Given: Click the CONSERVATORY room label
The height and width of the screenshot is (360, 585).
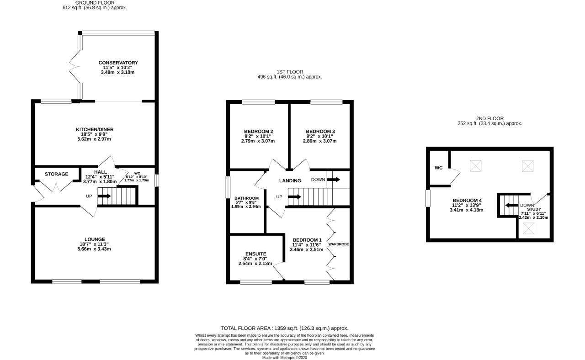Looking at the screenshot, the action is click(118, 63).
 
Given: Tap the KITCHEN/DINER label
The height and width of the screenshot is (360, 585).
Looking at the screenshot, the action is click(95, 129).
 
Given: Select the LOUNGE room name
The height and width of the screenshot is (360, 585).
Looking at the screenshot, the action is click(95, 239).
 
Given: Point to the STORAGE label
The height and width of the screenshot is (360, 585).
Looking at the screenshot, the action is click(56, 174).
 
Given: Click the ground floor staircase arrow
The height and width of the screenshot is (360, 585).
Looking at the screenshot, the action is click(104, 196).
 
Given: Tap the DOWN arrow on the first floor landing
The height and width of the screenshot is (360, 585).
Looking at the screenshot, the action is click(333, 180).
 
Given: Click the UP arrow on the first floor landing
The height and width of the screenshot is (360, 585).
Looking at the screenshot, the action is click(295, 197).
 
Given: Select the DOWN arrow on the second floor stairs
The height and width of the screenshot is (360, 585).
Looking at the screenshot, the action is click(511, 205).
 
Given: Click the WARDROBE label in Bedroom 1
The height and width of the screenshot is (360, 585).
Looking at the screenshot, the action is click(339, 244).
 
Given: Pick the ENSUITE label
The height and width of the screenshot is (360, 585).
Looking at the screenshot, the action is click(255, 254).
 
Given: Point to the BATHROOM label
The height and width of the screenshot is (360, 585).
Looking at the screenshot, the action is click(246, 198).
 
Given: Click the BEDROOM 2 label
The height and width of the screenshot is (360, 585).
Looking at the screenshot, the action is click(259, 132).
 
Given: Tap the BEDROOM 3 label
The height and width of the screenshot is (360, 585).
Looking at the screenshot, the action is click(320, 132).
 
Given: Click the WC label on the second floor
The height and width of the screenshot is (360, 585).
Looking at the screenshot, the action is click(438, 168).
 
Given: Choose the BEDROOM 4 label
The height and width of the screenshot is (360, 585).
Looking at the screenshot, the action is click(467, 201).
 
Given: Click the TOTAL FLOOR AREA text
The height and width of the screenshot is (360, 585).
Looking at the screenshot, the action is click(284, 328).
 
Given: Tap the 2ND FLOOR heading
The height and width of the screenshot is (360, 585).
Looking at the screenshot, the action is click(489, 118).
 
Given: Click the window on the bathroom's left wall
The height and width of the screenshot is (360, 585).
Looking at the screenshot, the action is click(228, 187).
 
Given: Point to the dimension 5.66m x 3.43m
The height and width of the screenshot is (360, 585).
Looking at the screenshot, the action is click(94, 249).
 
